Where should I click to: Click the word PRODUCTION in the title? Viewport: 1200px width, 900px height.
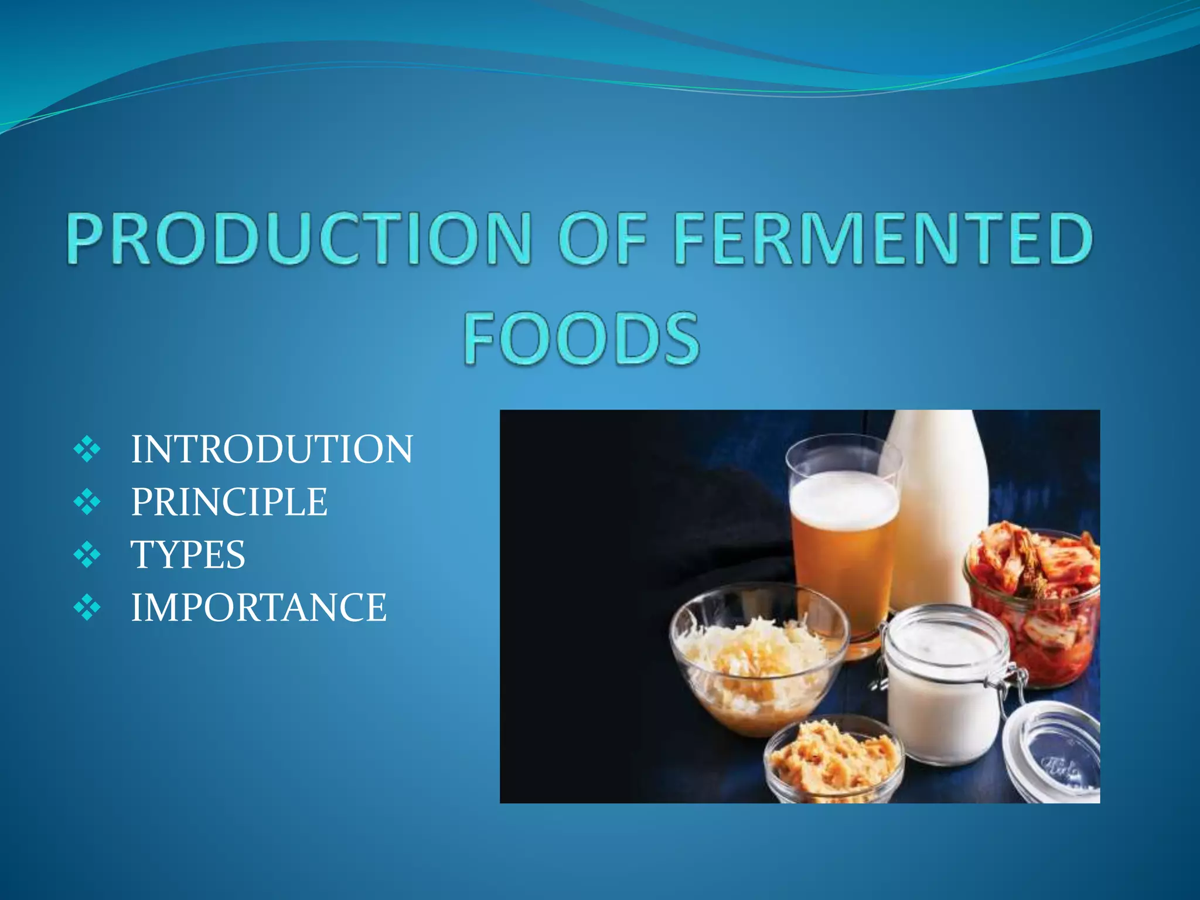[x=299, y=238]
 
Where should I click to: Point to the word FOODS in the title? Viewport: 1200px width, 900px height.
[x=582, y=338]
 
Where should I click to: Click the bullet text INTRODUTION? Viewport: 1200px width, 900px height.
[x=271, y=449]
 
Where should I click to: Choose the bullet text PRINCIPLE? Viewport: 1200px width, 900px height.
[x=229, y=502]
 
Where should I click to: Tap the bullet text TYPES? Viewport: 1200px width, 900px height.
[x=187, y=554]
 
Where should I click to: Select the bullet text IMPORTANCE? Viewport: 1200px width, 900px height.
[x=258, y=607]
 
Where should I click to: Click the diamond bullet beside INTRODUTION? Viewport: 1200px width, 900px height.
[x=87, y=450]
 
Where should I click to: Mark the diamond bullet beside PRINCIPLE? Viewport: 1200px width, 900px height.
[x=87, y=503]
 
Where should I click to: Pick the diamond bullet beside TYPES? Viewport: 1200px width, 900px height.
[x=87, y=555]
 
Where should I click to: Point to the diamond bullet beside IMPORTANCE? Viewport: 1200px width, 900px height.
[x=87, y=608]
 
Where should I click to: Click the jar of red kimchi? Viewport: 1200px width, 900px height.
[x=1034, y=604]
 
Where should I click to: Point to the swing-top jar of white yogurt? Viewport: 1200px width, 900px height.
[x=943, y=686]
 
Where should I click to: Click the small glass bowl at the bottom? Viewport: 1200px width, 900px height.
[x=832, y=762]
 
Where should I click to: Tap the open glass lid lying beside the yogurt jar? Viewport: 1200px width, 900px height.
[x=1055, y=756]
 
